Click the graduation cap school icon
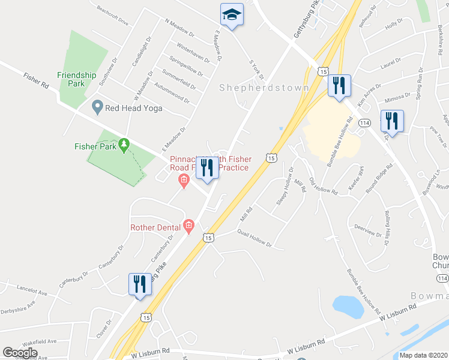(x=232, y=14)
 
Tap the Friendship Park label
(x=76, y=79)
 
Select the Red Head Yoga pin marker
(x=97, y=107)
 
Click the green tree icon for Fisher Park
(x=124, y=144)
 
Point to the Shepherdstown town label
(x=264, y=88)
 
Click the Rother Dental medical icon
(x=188, y=226)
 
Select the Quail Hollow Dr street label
(x=255, y=239)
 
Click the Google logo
(x=20, y=353)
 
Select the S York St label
(x=256, y=69)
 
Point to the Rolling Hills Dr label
(x=393, y=227)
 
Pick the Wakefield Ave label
(x=41, y=341)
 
